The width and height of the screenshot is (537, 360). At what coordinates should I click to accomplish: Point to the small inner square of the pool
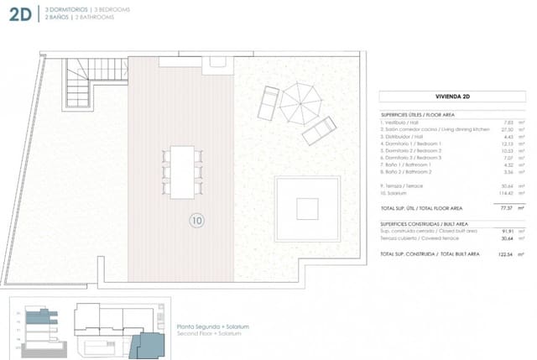[x=308, y=208]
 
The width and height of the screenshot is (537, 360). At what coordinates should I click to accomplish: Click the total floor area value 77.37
[x=505, y=206]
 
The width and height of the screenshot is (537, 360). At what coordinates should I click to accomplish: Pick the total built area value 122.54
[x=503, y=253]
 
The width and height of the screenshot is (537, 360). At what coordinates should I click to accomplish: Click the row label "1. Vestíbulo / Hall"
[x=402, y=122]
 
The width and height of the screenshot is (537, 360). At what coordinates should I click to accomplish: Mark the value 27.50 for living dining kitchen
[x=505, y=129]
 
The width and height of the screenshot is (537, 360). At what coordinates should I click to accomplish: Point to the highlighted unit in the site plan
[x=151, y=343]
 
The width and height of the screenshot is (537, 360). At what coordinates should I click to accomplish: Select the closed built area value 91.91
[x=505, y=231]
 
